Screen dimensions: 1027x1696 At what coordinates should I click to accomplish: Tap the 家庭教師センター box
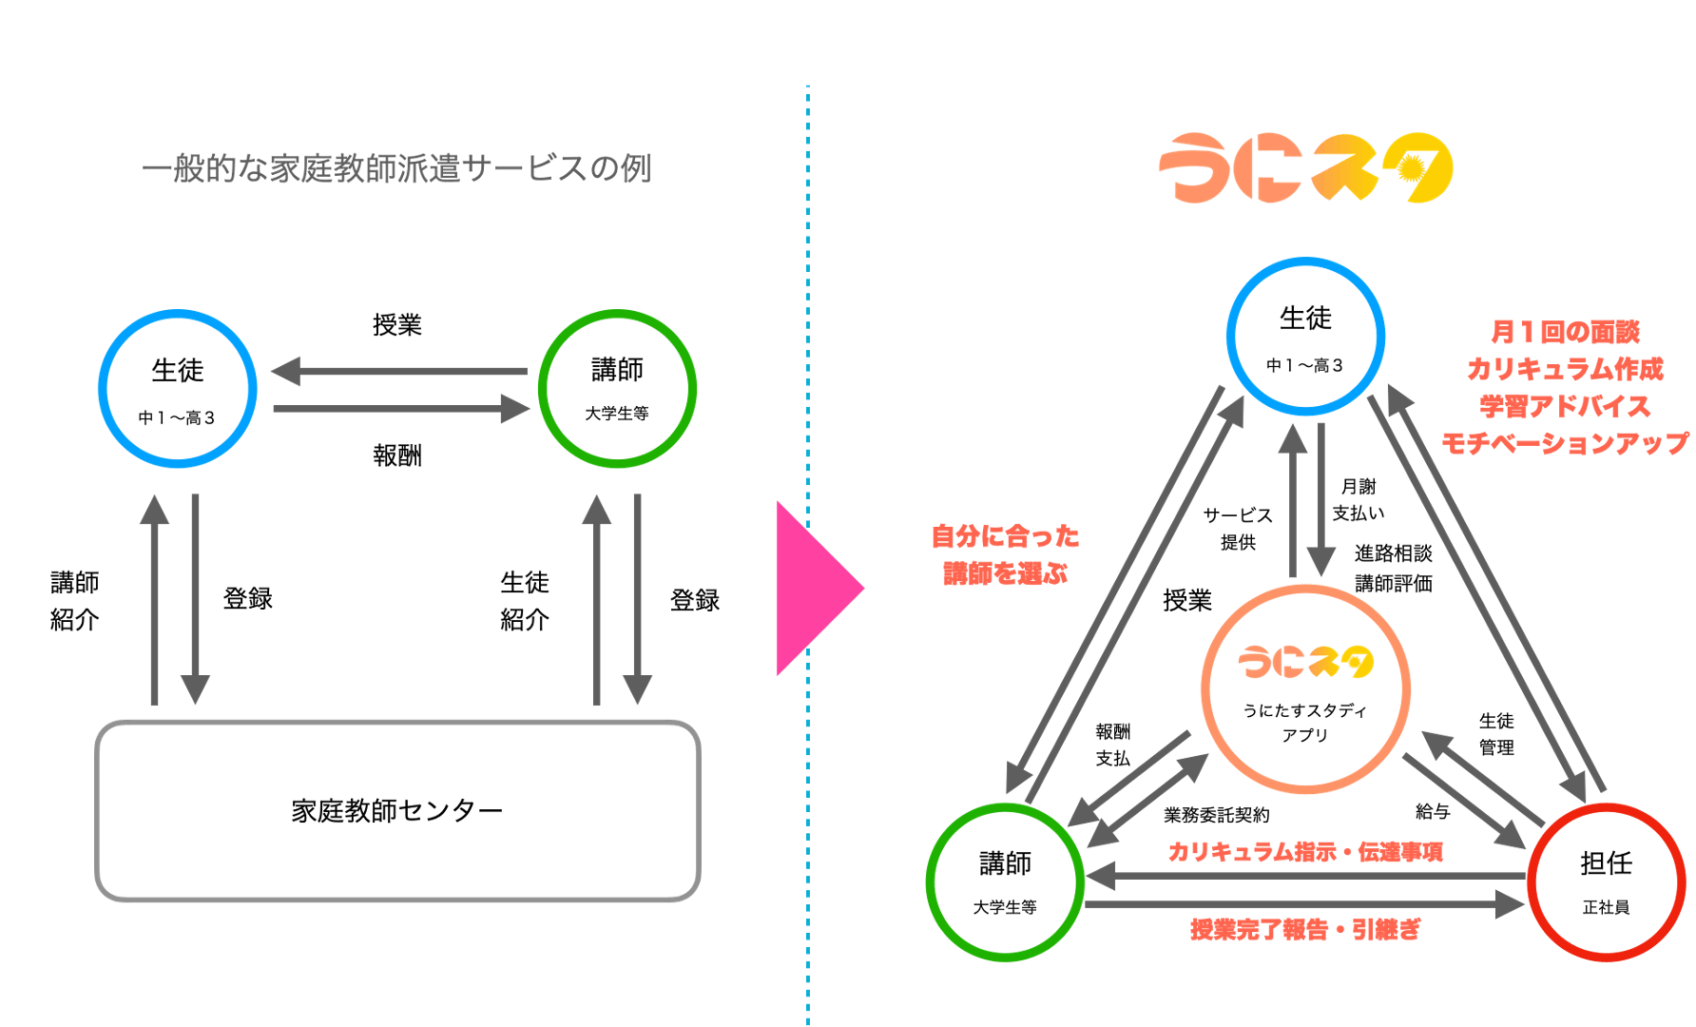pos(397,810)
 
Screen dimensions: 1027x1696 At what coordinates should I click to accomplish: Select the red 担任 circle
pos(1606,882)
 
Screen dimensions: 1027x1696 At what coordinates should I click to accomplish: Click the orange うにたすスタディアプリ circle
pos(1305,689)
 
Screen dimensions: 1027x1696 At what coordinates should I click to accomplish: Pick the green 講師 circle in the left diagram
pos(617,388)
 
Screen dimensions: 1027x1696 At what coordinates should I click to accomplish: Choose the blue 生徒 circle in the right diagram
pos(1305,336)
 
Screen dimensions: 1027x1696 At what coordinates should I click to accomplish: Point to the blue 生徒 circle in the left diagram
pos(178,388)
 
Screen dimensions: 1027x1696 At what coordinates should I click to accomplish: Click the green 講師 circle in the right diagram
pos(1005,882)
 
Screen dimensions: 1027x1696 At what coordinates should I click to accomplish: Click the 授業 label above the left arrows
pos(397,325)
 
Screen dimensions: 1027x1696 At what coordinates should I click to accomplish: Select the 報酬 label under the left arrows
pos(397,455)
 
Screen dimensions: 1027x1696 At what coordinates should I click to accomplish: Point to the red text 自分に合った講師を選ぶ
pos(1005,554)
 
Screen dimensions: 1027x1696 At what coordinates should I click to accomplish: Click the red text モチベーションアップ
pos(1564,443)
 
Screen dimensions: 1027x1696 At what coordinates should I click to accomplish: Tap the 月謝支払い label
pos(1359,500)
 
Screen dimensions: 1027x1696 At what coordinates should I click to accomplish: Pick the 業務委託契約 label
pos(1216,815)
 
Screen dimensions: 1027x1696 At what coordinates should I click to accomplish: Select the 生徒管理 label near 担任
pos(1496,734)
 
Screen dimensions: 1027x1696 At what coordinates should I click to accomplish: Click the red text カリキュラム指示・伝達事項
pos(1305,852)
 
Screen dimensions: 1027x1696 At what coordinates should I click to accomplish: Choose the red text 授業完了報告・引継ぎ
pos(1305,929)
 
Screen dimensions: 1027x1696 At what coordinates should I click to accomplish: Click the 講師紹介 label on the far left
pos(75,601)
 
